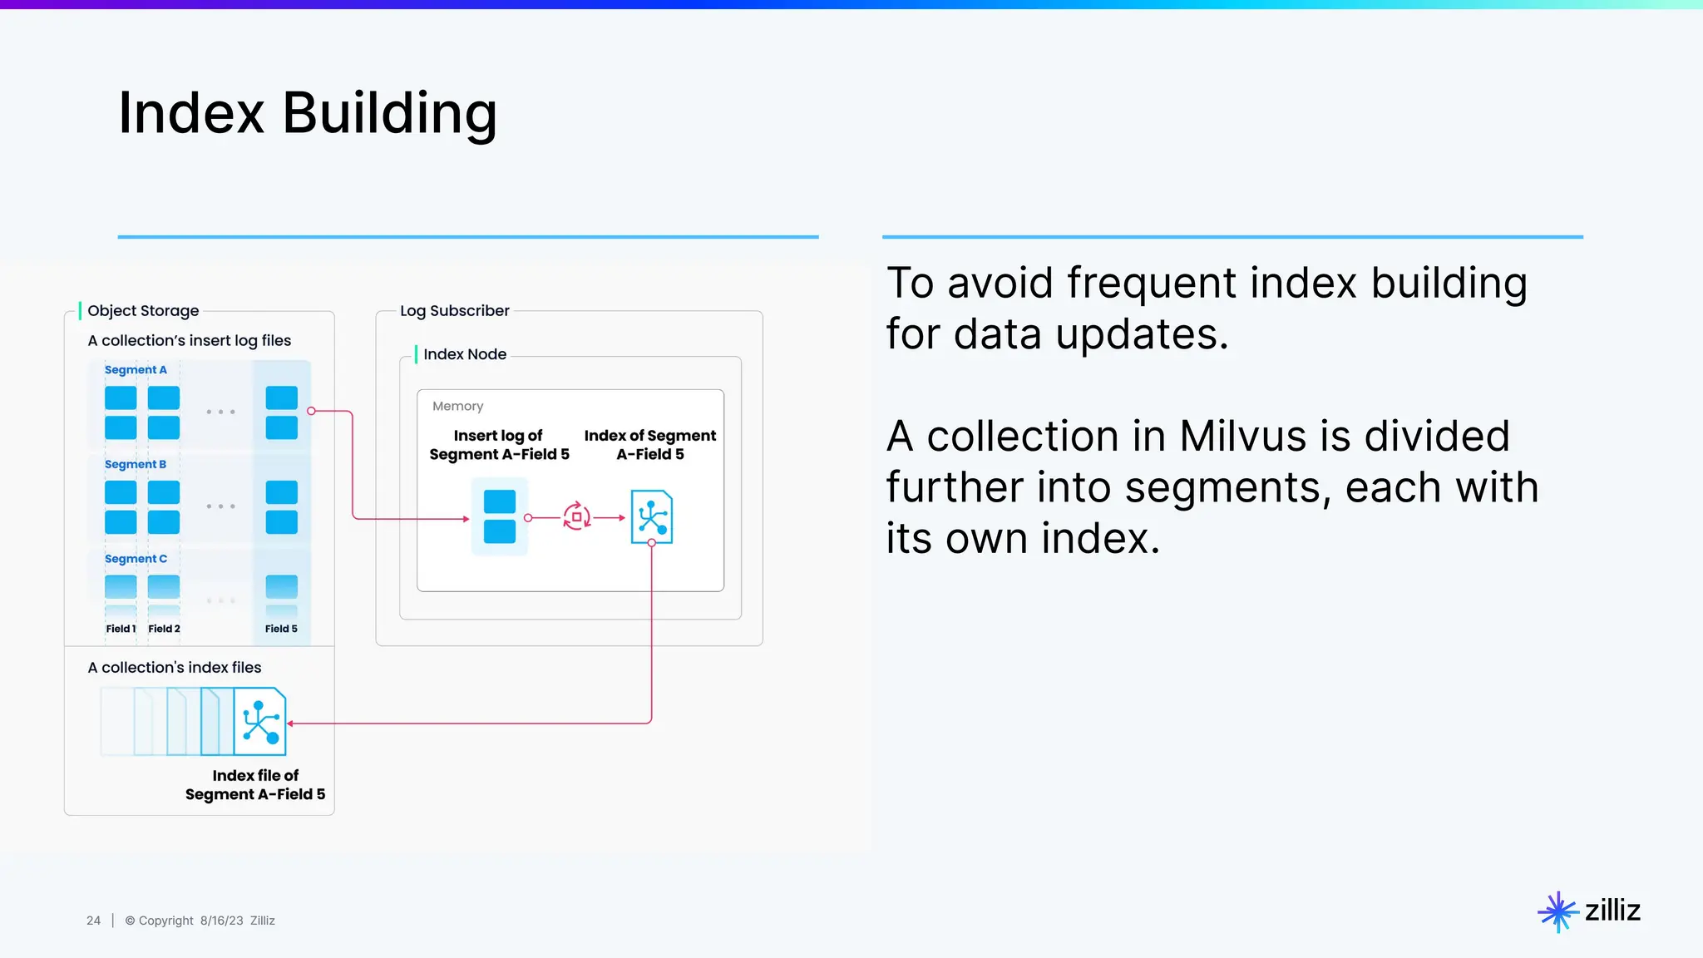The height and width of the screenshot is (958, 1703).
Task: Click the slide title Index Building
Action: coord(308,113)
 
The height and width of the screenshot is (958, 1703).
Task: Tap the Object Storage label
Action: coord(143,311)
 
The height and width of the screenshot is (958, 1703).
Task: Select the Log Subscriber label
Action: coord(454,311)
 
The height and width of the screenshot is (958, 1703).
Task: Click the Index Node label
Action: coord(464,354)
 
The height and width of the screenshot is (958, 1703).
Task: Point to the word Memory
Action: coord(457,407)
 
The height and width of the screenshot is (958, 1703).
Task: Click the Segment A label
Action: coord(136,370)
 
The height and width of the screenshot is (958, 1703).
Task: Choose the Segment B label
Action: coord(136,465)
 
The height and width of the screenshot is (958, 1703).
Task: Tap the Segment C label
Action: coord(136,559)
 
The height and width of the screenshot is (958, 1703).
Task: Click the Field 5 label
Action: coord(281,629)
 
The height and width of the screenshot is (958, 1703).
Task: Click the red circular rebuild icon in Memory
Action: coord(576,517)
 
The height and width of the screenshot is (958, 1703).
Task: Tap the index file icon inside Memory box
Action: coord(651,517)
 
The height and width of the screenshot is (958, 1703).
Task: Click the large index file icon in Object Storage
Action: coord(260,721)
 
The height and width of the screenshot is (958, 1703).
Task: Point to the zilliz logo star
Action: coord(1557,912)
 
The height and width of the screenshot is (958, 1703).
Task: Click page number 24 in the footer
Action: coord(93,921)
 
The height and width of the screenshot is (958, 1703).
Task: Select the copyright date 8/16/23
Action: coord(221,921)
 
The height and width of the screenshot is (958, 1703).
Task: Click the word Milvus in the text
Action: coord(1243,437)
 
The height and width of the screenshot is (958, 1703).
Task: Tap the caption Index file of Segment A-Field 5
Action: coord(255,785)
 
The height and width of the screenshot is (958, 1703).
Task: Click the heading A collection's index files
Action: coord(175,668)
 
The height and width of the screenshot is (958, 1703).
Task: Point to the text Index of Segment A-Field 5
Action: coord(649,445)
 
